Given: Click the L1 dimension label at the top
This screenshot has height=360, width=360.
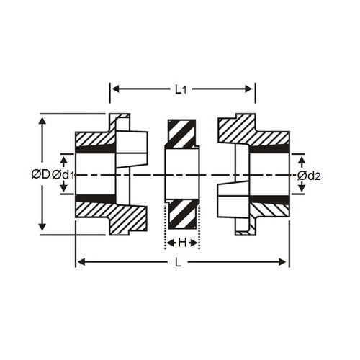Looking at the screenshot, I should [181, 89].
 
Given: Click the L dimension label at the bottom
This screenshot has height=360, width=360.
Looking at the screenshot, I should [178, 262].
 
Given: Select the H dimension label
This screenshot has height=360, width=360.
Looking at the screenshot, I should [183, 242].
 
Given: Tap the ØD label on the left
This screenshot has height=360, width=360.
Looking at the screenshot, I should [40, 174].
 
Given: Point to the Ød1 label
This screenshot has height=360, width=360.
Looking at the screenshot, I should [63, 174].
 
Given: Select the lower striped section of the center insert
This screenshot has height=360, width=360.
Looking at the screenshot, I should [183, 215].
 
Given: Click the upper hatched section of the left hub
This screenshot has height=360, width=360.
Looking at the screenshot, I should [97, 137].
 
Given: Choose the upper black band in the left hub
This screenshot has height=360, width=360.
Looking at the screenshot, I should [95, 149].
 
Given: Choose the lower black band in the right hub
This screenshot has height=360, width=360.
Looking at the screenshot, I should [269, 199].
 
